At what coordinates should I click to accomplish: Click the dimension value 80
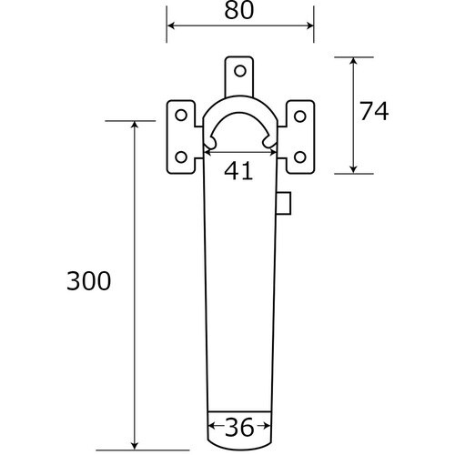point(238,11)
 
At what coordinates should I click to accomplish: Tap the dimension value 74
point(374,111)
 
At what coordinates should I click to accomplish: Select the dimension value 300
point(89,281)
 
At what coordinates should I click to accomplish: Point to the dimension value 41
point(238,171)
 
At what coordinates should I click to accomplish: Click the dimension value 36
point(239,428)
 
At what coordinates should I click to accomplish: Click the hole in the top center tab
point(240,71)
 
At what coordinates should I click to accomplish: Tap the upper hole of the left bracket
point(181,116)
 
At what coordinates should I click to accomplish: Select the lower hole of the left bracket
point(181,157)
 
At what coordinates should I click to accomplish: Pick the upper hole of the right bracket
point(300,116)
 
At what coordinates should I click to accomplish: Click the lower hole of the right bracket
point(300,157)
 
